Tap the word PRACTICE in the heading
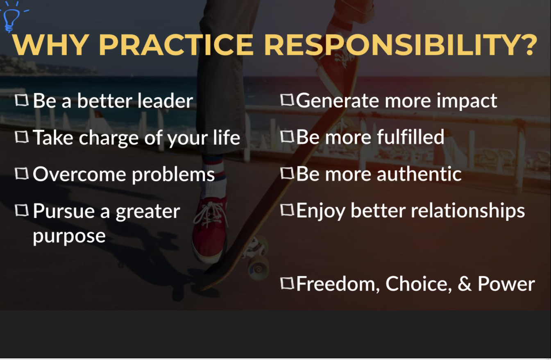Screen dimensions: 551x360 (176, 45)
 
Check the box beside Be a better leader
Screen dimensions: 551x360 (22, 100)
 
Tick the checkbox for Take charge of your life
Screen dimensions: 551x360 (22, 137)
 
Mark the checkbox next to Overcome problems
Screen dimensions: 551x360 (22, 174)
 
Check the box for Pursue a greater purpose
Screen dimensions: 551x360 (22, 211)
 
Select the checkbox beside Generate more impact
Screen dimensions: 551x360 (287, 100)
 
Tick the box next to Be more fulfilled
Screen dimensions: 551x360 (287, 136)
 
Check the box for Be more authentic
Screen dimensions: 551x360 (287, 173)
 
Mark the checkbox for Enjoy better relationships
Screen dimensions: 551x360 (287, 210)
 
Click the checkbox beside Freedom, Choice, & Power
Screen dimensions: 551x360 (287, 283)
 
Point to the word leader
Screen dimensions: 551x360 (165, 101)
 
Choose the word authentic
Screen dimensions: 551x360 (419, 174)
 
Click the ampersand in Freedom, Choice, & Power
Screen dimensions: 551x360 (465, 283)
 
